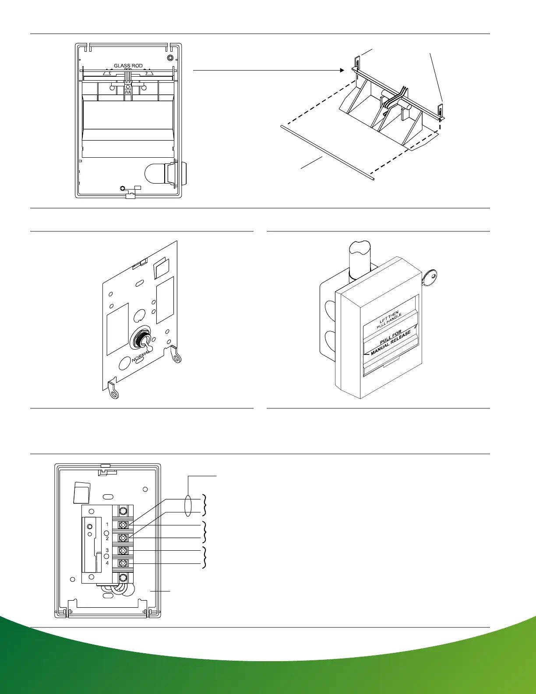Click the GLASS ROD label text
[x=128, y=66]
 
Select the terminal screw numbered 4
[x=123, y=563]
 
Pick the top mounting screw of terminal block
[x=123, y=511]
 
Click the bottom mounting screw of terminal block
[x=123, y=577]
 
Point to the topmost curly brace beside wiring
[x=204, y=505]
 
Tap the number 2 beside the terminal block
[x=107, y=538]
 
